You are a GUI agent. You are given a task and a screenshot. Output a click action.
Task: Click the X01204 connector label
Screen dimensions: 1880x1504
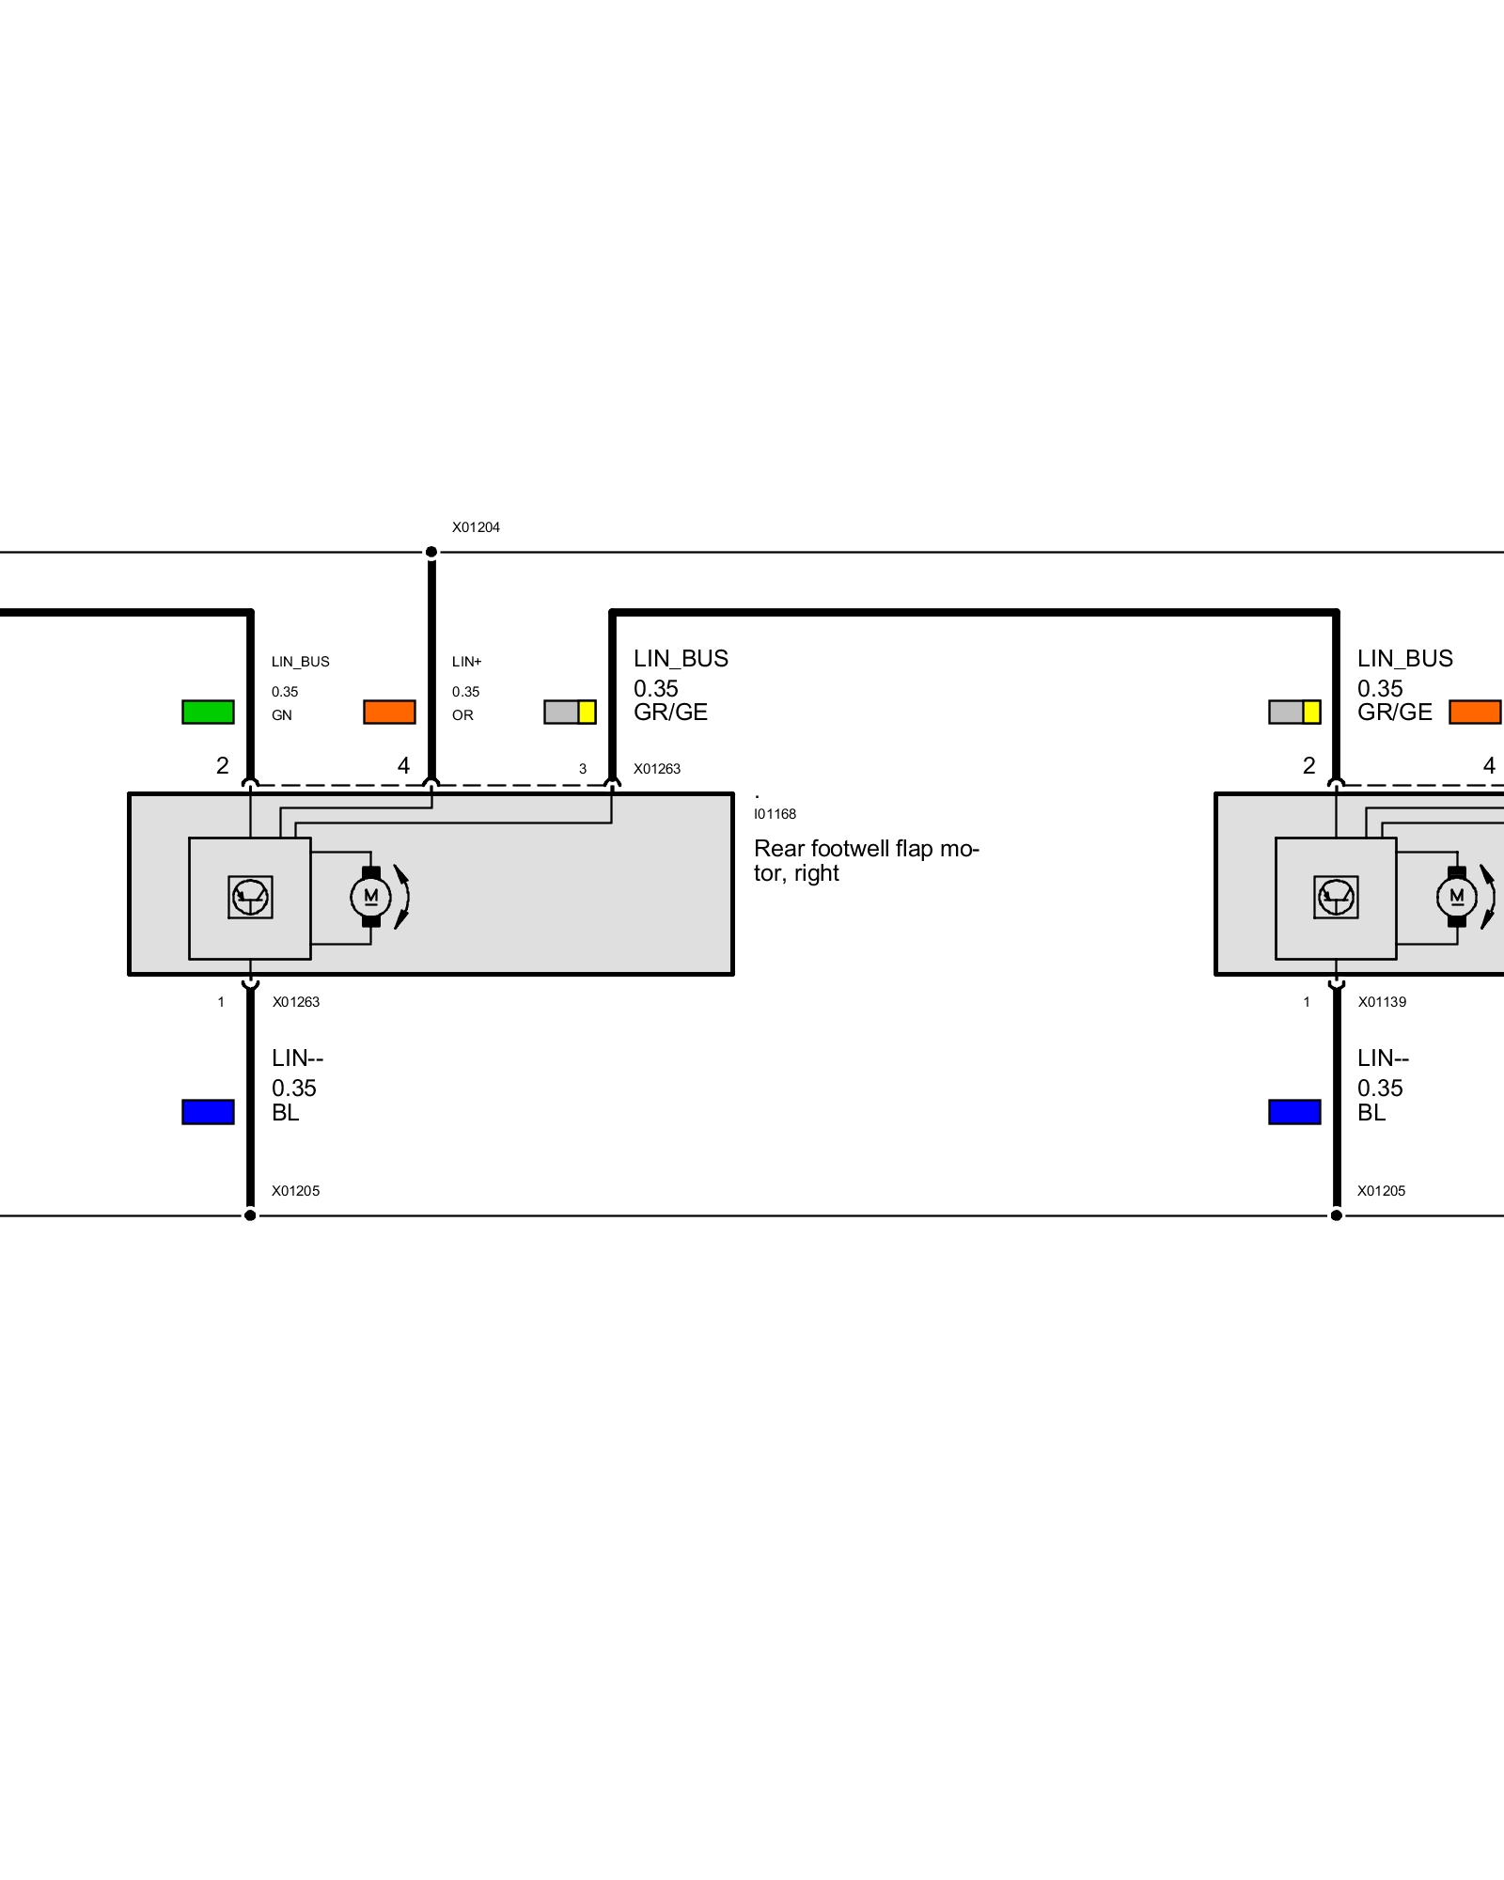click(x=476, y=527)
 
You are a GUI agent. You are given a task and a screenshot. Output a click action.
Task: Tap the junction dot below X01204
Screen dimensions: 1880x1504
click(x=431, y=552)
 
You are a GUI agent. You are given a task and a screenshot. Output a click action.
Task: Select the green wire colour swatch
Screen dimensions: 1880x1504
click(x=208, y=712)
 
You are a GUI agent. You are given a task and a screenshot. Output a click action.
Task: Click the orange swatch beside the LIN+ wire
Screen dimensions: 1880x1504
click(x=389, y=712)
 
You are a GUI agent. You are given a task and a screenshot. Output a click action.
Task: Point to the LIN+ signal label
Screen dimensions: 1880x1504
click(x=466, y=662)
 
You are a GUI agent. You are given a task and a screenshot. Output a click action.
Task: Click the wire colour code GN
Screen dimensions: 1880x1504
click(x=282, y=715)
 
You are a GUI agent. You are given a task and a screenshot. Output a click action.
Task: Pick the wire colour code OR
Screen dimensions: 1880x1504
click(x=462, y=715)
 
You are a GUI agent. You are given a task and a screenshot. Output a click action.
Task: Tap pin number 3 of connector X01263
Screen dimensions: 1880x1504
click(x=583, y=769)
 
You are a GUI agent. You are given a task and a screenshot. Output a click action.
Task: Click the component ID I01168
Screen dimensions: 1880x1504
click(x=775, y=814)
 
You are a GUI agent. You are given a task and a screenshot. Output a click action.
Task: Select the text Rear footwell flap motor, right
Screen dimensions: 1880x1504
click(x=866, y=860)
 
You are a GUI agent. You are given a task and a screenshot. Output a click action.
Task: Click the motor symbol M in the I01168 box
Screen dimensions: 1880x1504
click(x=371, y=897)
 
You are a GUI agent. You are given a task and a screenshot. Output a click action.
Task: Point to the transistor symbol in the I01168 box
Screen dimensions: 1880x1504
click(x=250, y=897)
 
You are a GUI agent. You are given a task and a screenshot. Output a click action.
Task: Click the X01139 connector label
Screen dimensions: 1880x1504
click(x=1382, y=1002)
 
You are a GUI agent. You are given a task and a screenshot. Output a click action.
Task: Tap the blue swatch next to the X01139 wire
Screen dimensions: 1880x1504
click(x=1294, y=1112)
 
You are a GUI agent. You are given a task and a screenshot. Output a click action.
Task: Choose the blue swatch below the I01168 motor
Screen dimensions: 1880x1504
click(x=208, y=1112)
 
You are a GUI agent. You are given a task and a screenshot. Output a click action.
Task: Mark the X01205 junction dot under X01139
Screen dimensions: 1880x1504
click(x=1336, y=1215)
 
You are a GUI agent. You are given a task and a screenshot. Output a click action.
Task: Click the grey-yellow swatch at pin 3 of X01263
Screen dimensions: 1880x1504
click(x=570, y=712)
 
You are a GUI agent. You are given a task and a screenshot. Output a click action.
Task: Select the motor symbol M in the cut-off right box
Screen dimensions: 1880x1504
click(x=1457, y=897)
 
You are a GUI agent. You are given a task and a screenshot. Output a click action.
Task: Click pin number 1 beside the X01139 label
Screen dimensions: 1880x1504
click(x=1307, y=1002)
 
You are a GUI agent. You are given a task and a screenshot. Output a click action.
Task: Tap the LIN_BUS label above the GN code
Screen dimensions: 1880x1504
click(x=301, y=662)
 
